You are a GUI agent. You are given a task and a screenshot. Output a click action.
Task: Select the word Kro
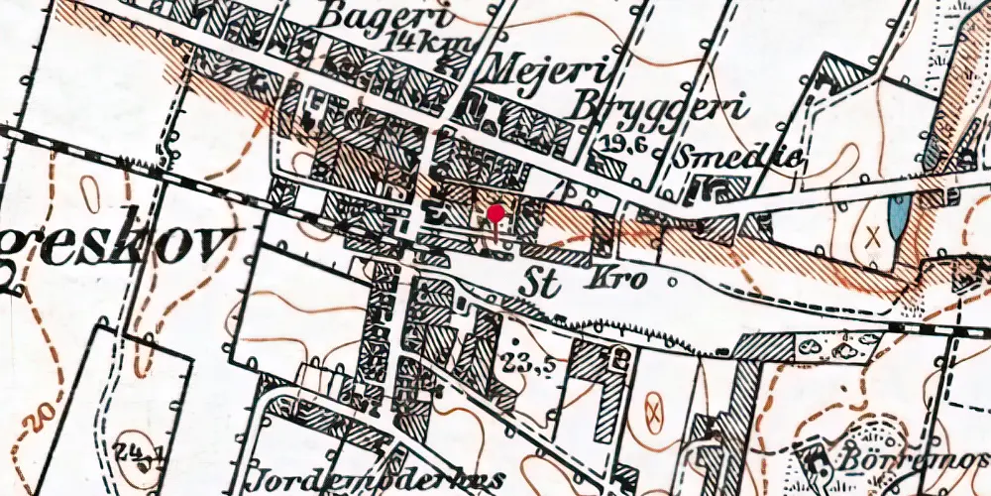(x=621, y=279)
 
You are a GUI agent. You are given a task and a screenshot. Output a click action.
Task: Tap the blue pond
(x=897, y=216)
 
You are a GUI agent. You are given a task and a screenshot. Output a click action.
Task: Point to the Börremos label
(x=913, y=461)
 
